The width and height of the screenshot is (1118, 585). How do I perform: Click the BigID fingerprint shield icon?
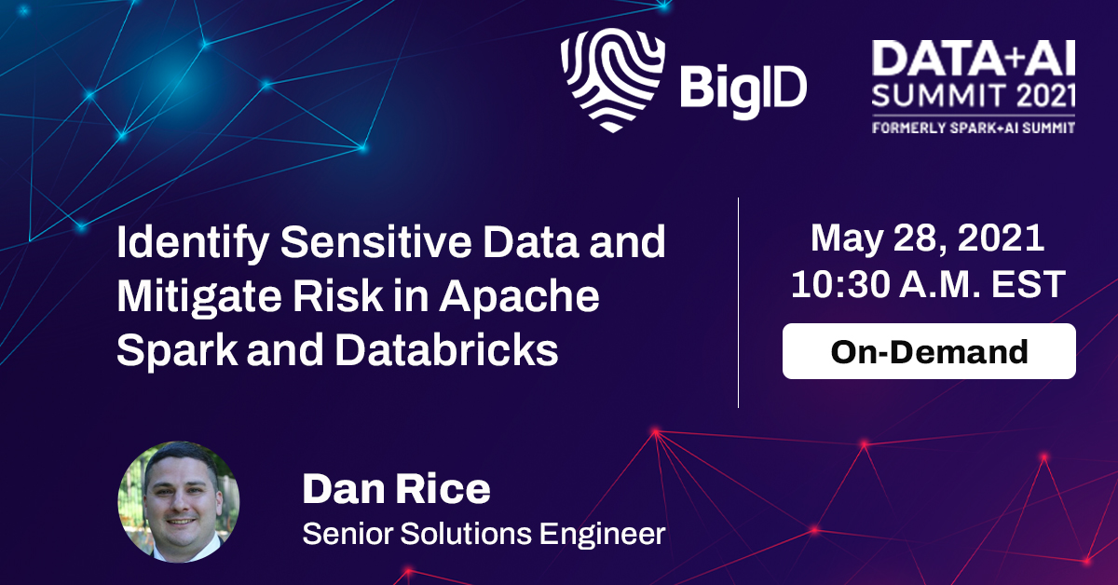pyautogui.click(x=612, y=80)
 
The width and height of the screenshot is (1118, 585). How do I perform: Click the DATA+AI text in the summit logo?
pyautogui.click(x=974, y=59)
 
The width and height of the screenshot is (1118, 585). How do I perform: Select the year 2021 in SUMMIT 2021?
pyautogui.click(x=1045, y=95)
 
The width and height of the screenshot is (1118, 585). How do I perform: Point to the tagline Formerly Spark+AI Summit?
pyautogui.click(x=974, y=128)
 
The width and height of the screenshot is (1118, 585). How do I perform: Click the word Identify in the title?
pyautogui.click(x=193, y=243)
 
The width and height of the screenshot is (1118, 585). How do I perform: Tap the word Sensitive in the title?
pyautogui.click(x=375, y=242)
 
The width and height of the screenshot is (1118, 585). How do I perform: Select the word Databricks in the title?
pyautogui.click(x=446, y=350)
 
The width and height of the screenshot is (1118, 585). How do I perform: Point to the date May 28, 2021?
pyautogui.click(x=927, y=239)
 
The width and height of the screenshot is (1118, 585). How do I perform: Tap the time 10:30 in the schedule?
pyautogui.click(x=840, y=284)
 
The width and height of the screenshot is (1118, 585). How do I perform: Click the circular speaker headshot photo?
pyautogui.click(x=179, y=502)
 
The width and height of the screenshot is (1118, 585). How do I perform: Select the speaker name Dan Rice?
pyautogui.click(x=396, y=489)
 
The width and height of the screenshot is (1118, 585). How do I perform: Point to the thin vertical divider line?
pyautogui.click(x=738, y=303)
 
